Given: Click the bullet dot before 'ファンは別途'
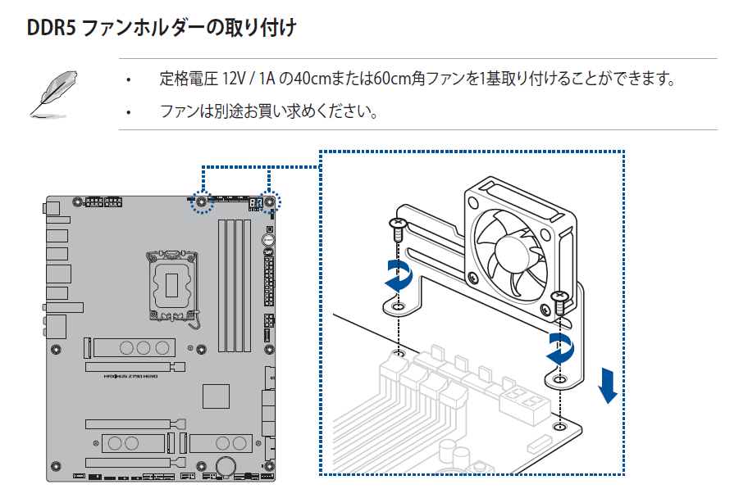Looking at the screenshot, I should point(128,111).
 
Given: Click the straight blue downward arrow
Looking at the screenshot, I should point(607,384).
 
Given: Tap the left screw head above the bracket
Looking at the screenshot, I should point(398,222).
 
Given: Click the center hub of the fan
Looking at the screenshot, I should point(515,247).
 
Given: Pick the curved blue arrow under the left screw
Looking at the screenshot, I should point(399,276).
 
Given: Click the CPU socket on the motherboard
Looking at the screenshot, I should point(174,283).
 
